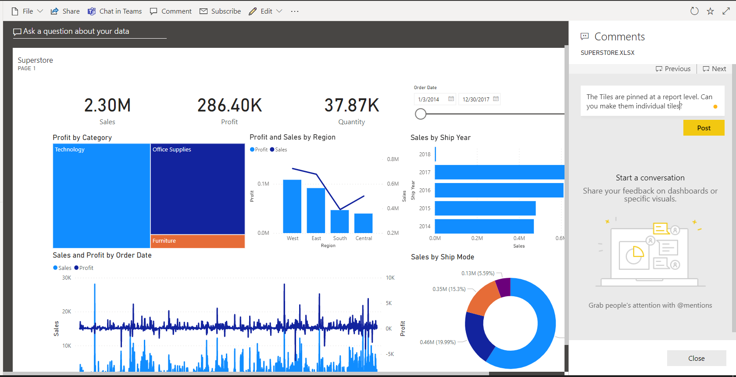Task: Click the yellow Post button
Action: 704,128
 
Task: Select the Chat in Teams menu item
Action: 115,11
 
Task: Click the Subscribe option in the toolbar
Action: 220,11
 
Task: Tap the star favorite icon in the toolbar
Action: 710,11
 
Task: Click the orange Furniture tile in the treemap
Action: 197,241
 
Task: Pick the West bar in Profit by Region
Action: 292,206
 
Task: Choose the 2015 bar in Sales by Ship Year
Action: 485,208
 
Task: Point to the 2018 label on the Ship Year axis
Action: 425,154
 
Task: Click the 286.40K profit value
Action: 229,106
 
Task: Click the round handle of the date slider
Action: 421,114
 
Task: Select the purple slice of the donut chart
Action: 504,286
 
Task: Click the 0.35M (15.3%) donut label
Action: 449,289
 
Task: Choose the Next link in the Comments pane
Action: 715,69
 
